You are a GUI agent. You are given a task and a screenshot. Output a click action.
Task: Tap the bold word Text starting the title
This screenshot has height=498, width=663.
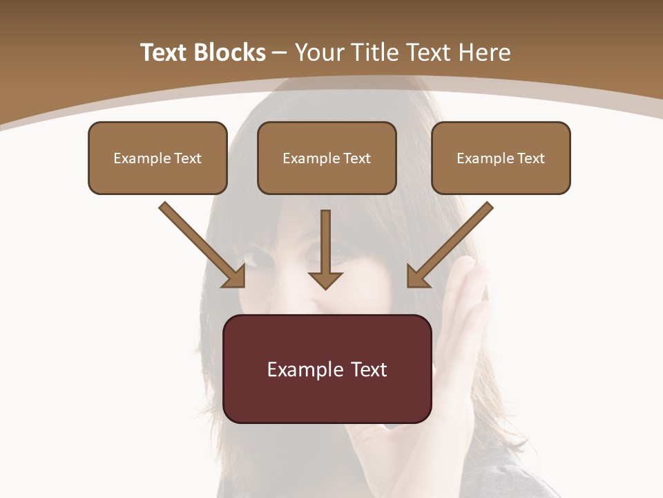click(x=166, y=53)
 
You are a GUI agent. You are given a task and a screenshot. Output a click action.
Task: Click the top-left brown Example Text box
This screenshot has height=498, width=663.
click(x=157, y=158)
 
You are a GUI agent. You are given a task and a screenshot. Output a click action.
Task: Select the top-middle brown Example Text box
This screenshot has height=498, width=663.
click(x=327, y=158)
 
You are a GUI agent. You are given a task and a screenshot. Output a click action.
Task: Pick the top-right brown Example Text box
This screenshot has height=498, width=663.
click(x=501, y=158)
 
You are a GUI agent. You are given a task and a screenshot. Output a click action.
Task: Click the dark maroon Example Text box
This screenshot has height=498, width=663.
click(x=327, y=369)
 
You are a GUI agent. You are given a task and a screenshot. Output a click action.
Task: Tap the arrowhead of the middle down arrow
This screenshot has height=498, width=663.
click(x=325, y=279)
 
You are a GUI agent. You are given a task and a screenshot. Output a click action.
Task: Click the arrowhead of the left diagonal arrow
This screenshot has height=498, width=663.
click(x=236, y=277)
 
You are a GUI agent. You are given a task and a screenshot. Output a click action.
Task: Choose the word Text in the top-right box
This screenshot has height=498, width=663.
click(x=530, y=158)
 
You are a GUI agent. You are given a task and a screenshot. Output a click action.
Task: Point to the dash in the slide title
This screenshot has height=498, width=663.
click(x=280, y=53)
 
